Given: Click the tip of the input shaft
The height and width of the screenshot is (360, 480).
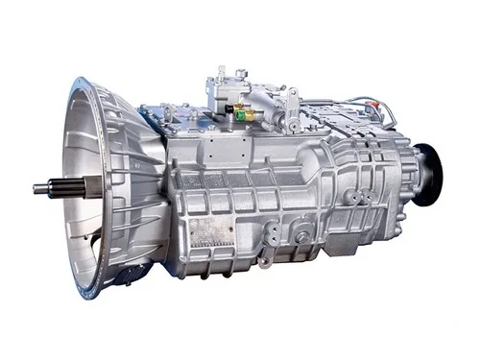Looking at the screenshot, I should (x=36, y=189).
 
